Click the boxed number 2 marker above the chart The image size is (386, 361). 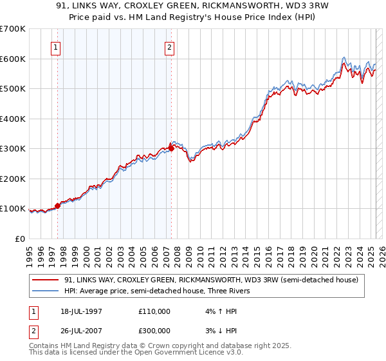[x=169, y=47]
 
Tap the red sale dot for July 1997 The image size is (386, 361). [x=57, y=206]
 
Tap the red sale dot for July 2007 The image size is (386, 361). [x=171, y=148]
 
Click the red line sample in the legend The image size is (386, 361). [x=44, y=279]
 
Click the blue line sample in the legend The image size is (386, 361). [x=44, y=291]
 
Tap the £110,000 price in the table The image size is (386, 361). [x=154, y=311]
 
